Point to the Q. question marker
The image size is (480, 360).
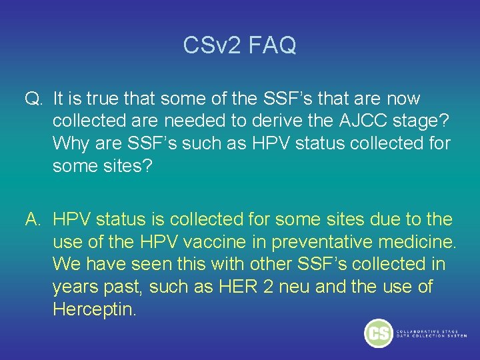(x=33, y=99)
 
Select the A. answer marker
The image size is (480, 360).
(x=33, y=219)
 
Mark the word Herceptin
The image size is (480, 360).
(x=93, y=310)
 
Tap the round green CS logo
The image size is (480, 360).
(x=378, y=333)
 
